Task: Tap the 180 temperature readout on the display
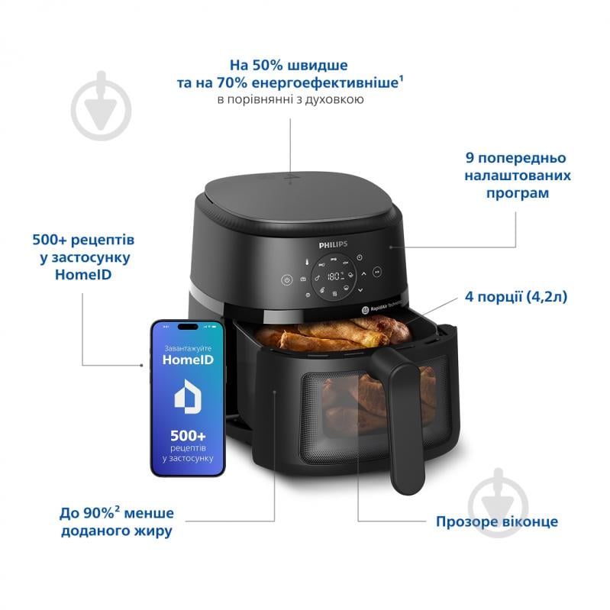[x=334, y=278]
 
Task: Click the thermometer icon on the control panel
[x=305, y=264]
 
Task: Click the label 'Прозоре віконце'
[x=496, y=522]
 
